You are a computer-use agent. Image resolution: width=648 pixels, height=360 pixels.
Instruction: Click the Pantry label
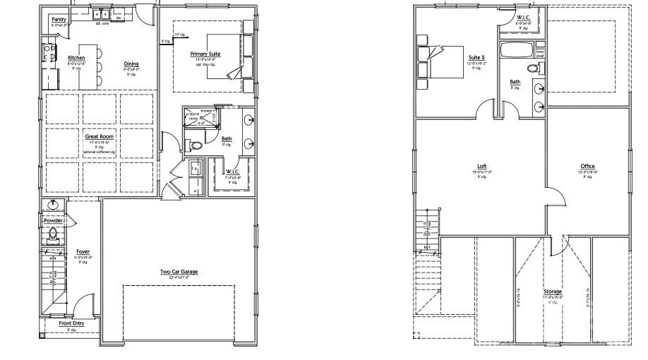pos(59,20)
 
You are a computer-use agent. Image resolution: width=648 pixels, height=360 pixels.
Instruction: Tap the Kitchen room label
pos(76,58)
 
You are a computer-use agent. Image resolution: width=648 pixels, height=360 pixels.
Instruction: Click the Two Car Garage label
pos(179,271)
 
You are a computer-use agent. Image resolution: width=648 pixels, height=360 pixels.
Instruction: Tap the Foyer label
pos(83,251)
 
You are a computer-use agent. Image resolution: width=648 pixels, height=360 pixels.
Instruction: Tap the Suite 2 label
pos(477,57)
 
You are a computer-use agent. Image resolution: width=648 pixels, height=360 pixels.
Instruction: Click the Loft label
pos(482,166)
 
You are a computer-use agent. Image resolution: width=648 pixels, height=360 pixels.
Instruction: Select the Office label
pos(587,166)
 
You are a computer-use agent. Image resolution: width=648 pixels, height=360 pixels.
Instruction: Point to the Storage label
pos(553,291)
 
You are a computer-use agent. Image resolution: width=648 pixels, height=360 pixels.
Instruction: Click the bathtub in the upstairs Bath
pos(516,52)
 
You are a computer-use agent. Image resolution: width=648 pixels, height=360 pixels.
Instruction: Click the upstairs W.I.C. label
pos(523,17)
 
